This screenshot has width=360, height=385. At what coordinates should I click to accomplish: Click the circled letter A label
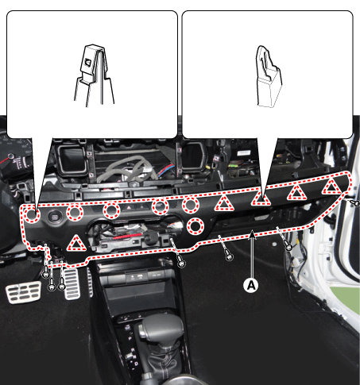[x=251, y=285]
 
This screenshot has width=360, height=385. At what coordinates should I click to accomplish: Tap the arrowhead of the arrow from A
[x=253, y=233]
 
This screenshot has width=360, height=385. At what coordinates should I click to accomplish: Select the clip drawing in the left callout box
[x=94, y=75]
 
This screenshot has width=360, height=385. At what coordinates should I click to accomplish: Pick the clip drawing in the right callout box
[x=269, y=77]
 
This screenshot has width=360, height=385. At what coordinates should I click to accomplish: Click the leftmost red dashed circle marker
[x=32, y=214]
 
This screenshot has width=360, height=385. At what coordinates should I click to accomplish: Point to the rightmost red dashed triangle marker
[x=331, y=187]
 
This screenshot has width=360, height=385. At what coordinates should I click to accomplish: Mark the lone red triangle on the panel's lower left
[x=76, y=244]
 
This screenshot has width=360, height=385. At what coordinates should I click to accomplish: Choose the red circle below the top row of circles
[x=195, y=226]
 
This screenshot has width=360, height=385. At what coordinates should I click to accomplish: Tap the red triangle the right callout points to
[x=261, y=198]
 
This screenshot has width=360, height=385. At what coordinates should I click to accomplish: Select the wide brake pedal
[x=23, y=292]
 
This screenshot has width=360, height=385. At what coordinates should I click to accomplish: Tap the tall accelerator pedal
[x=72, y=283]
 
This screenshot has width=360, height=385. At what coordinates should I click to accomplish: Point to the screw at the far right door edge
[x=356, y=203]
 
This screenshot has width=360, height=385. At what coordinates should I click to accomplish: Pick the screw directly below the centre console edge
[x=181, y=263]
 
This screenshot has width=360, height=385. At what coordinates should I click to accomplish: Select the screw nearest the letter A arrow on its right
[x=288, y=247]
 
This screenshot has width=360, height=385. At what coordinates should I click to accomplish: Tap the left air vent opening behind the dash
[x=72, y=159]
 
